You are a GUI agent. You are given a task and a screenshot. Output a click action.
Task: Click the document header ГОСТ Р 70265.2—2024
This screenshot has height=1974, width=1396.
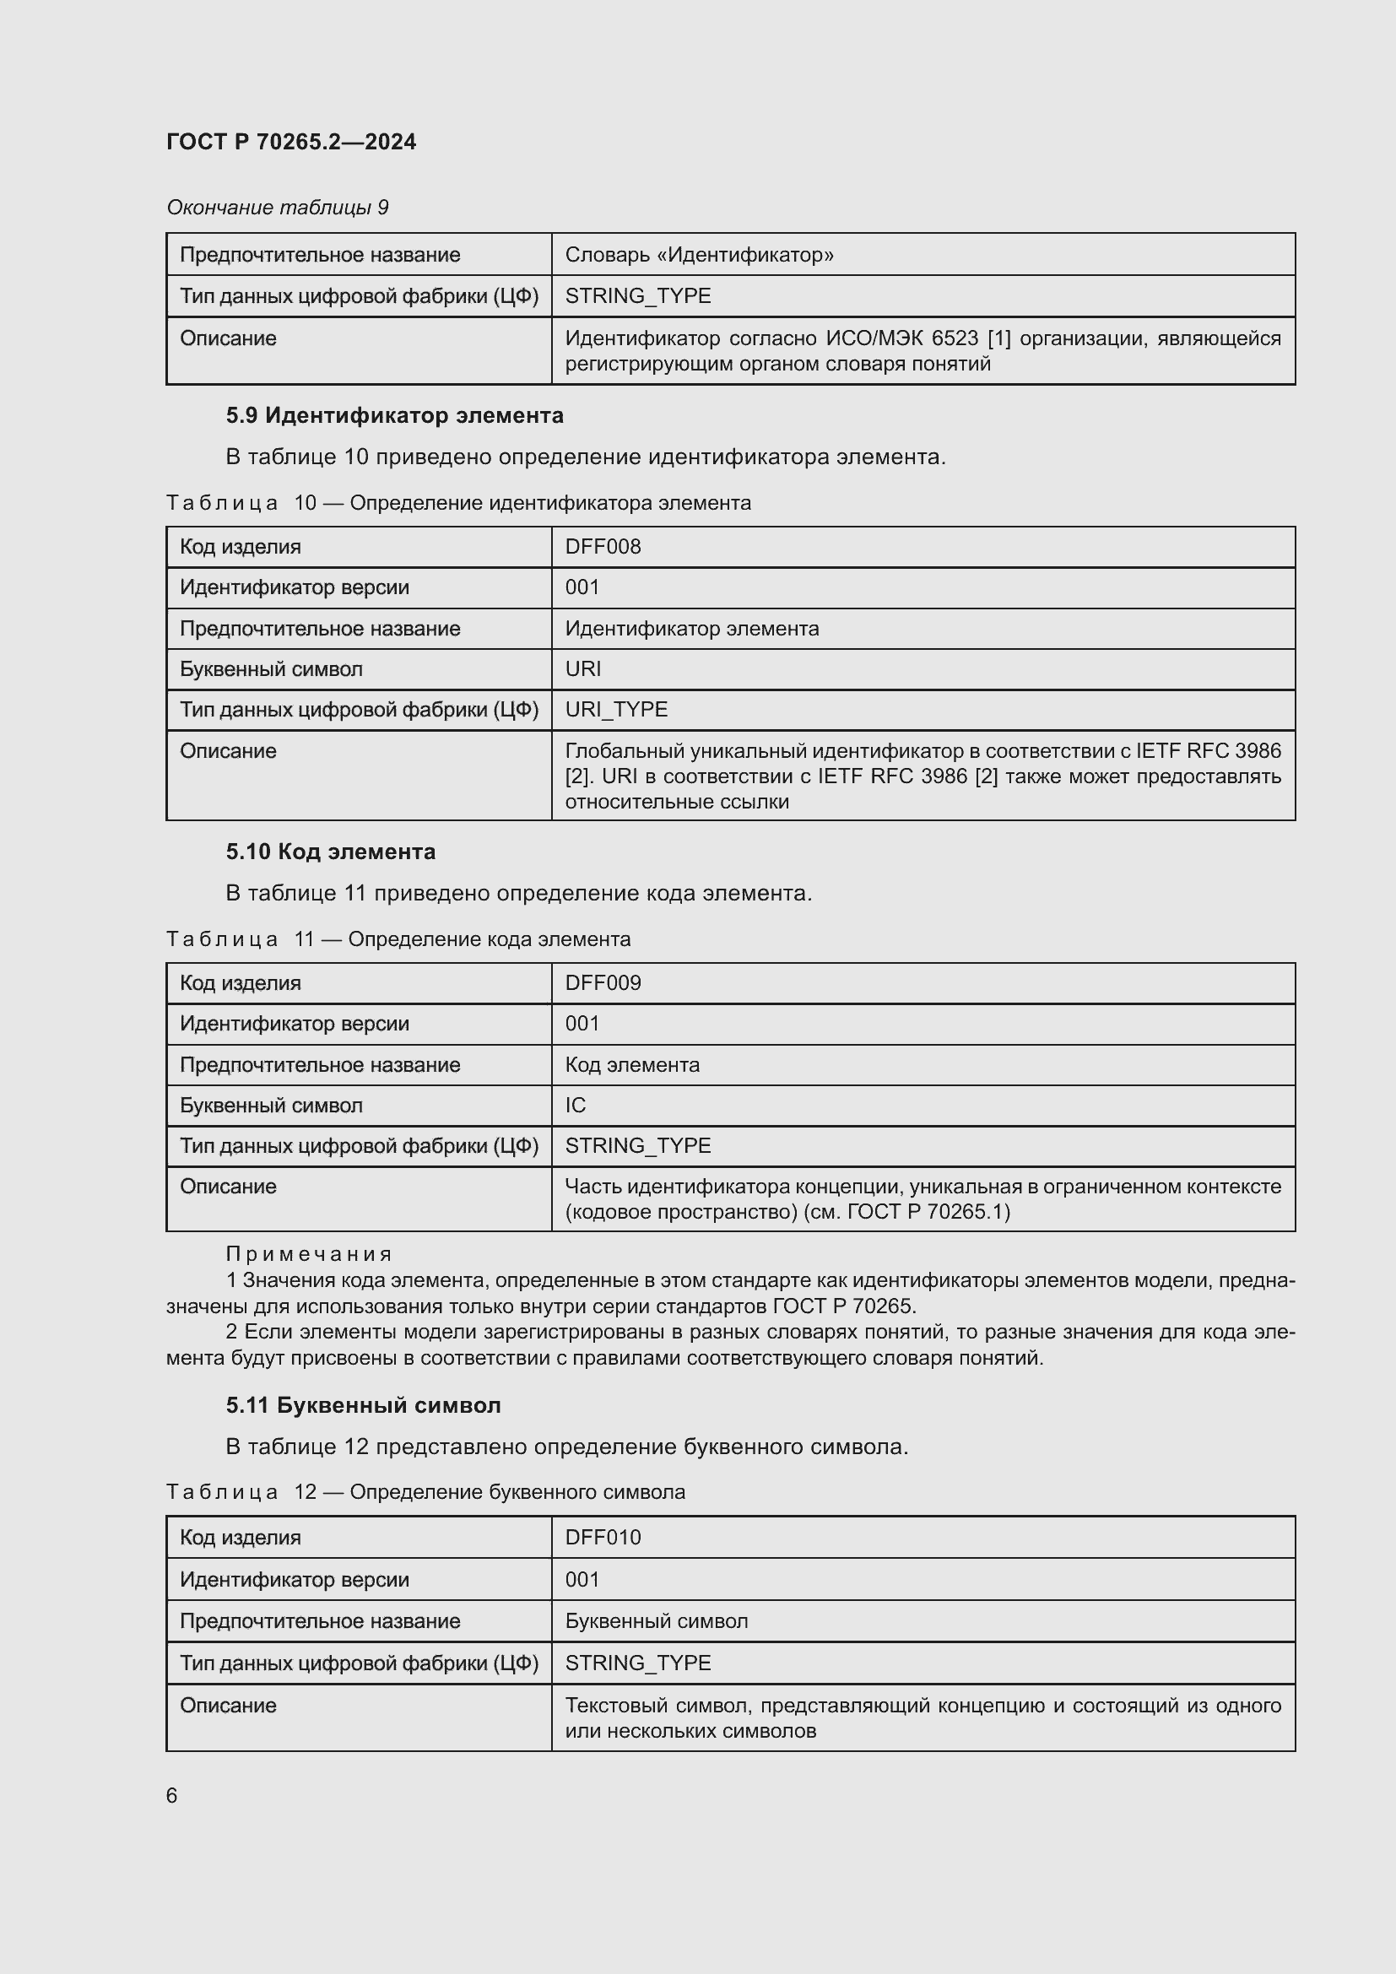click(290, 142)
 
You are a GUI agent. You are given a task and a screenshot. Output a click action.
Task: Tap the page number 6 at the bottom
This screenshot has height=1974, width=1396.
click(172, 1795)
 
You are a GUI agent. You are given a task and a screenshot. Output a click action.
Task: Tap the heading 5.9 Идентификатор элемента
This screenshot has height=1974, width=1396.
click(394, 415)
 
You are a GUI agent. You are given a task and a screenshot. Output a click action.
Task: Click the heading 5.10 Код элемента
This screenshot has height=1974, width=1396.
click(331, 852)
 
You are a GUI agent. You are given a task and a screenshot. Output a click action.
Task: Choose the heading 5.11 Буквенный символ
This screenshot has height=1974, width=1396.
click(363, 1406)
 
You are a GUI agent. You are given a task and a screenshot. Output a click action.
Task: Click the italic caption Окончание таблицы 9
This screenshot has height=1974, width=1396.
click(277, 208)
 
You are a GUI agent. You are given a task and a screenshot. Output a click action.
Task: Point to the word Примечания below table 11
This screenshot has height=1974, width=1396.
click(309, 1254)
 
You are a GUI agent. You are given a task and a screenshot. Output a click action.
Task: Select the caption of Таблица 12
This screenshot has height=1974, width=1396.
click(425, 1491)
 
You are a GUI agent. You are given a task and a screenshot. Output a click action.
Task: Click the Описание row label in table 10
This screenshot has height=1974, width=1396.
click(228, 750)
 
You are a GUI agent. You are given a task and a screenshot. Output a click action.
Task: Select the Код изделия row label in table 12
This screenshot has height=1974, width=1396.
click(240, 1537)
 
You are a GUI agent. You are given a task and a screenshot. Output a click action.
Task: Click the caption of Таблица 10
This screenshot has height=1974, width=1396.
click(458, 503)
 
